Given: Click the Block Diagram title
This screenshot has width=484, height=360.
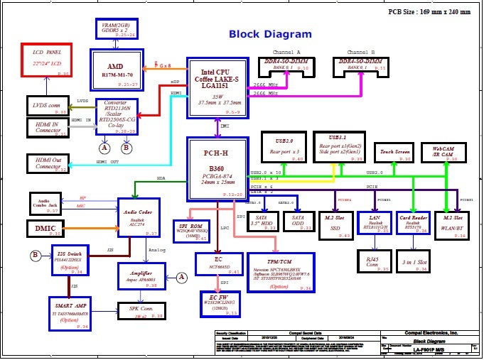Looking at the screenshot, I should pos(270,34).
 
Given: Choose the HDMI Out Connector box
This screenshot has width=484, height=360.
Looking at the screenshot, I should pos(48,163).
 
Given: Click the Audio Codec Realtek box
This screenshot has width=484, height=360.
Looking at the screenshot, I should pos(139,217).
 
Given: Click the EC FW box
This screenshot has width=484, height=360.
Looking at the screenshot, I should pos(218,303).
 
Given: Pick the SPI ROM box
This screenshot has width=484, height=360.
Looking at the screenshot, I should pos(190,231).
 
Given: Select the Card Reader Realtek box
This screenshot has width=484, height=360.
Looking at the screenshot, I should pos(413,222).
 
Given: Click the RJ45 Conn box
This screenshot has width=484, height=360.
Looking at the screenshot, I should pos(372,261).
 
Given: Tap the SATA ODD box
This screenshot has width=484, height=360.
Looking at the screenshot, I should pos(298,222).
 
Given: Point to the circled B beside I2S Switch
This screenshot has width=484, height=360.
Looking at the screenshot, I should pos(35,255).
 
